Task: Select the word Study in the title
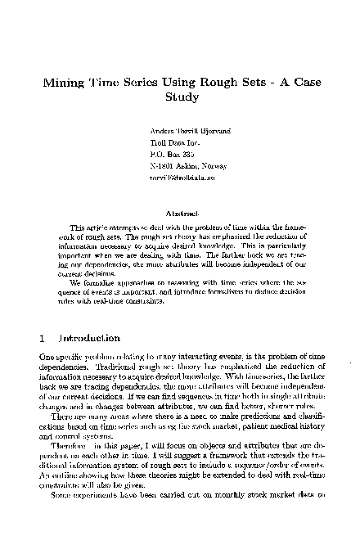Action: tap(179, 97)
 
